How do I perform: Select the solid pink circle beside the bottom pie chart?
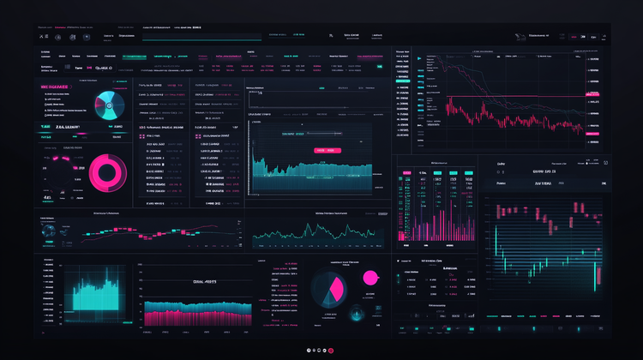[x=371, y=276]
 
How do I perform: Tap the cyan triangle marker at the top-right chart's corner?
[x=418, y=59]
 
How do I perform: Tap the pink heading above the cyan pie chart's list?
[x=58, y=87]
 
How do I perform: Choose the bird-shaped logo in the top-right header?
[x=520, y=36]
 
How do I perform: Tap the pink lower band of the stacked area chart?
[x=197, y=317]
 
